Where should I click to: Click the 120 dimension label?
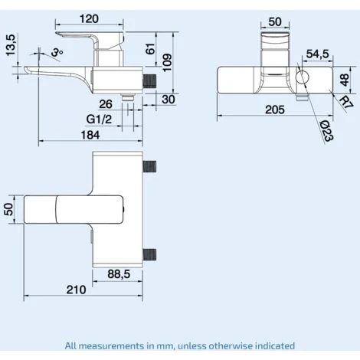pos(89,19)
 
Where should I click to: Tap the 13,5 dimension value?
pos(11,45)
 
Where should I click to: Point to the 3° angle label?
pos(57,53)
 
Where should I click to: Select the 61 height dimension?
pos(150,49)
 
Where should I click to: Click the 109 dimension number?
pos(167,63)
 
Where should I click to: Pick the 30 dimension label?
pos(169,100)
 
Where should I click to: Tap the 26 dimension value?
pos(106,104)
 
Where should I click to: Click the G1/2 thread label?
pos(99,119)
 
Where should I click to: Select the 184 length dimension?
pos(90,135)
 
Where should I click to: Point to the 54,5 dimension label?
pos(317,54)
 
